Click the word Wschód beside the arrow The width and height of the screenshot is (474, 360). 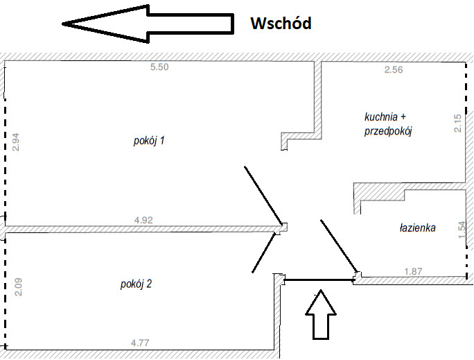click(281, 23)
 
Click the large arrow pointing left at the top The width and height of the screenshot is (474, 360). click(148, 24)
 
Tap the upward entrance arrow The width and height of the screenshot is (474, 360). click(321, 315)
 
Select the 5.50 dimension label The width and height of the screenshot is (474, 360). click(159, 67)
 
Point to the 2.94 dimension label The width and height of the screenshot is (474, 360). click(16, 142)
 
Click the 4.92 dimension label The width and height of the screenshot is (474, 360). click(143, 220)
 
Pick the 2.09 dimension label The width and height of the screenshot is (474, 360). click(18, 286)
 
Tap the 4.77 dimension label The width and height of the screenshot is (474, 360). click(140, 343)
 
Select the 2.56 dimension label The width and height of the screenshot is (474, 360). click(394, 69)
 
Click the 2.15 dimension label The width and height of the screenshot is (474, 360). click(458, 123)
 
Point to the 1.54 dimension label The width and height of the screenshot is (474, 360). click(462, 230)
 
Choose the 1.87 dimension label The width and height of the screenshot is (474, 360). click(413, 271)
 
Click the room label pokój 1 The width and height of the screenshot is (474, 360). click(149, 141)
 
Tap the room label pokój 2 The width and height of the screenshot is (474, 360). click(136, 284)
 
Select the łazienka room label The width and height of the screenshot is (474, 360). click(417, 228)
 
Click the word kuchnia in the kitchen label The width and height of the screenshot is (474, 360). click(381, 117)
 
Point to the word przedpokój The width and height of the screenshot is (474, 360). click(388, 131)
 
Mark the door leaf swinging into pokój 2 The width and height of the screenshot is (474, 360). click(263, 252)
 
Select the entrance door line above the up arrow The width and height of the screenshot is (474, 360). click(319, 280)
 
